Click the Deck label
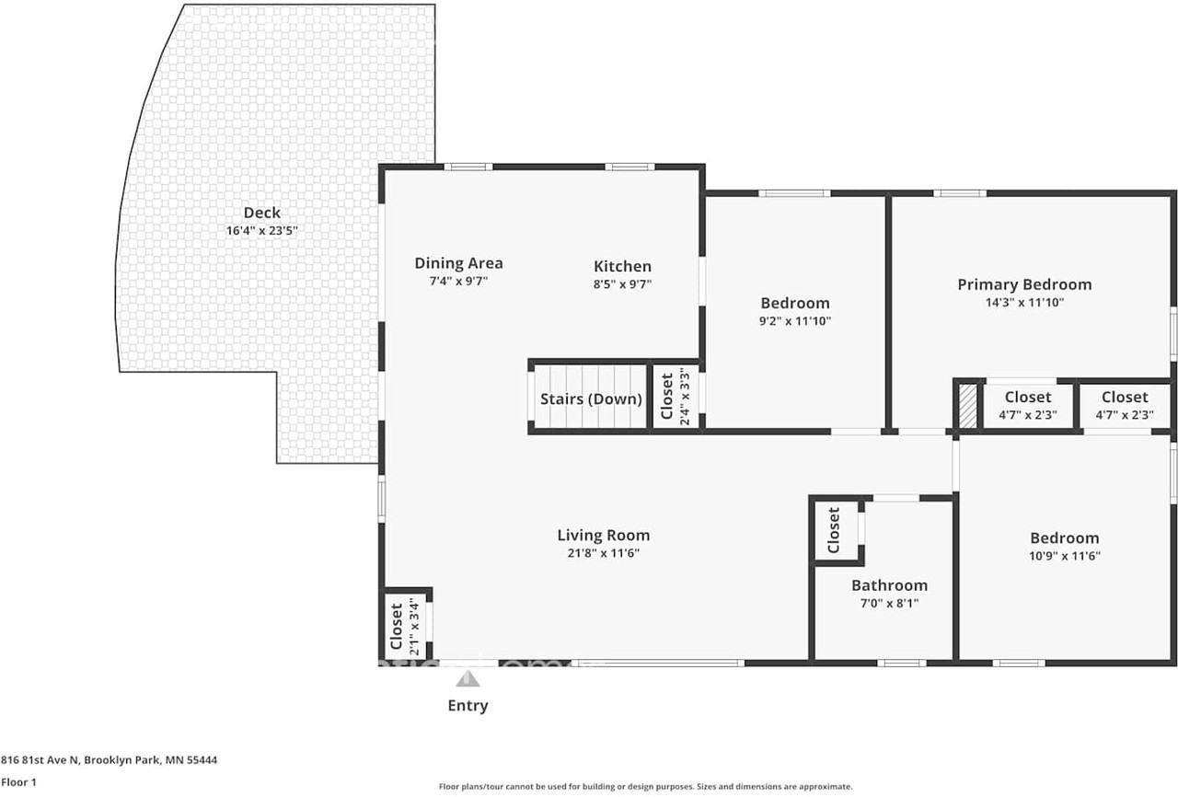tap(262, 213)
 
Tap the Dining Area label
tap(458, 263)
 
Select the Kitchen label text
tap(622, 267)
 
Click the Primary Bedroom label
tap(1024, 284)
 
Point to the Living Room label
tap(604, 536)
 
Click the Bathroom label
tap(889, 585)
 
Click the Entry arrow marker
tap(468, 679)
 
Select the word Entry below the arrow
tap(468, 706)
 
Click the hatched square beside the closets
tap(966, 406)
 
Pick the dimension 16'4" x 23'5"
tap(262, 231)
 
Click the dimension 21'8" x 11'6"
tap(604, 553)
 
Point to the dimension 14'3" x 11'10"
tap(1024, 302)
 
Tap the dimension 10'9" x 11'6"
tap(1064, 556)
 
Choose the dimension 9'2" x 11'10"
tap(795, 321)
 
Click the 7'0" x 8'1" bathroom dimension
tap(889, 604)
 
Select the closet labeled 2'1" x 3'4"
tap(405, 624)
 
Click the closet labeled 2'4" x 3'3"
tap(675, 398)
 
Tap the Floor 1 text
tap(19, 782)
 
